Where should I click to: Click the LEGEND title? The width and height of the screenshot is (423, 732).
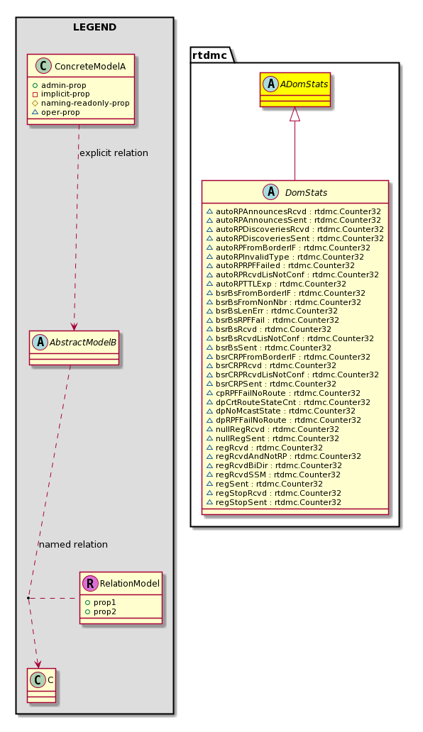(x=95, y=27)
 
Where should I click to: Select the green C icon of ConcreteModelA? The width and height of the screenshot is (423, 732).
(x=43, y=66)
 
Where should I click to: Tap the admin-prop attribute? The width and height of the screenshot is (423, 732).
(x=59, y=85)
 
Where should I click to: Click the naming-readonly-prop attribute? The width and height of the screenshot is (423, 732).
(x=81, y=103)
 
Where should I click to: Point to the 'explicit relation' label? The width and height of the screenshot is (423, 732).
(x=114, y=153)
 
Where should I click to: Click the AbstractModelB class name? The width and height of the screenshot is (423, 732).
(x=83, y=342)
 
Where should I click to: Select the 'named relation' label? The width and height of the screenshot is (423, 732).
(x=73, y=544)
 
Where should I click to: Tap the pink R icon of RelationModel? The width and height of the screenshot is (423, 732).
(x=90, y=584)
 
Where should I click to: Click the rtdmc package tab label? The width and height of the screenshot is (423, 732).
(x=209, y=55)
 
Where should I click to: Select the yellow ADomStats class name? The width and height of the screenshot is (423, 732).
(x=305, y=84)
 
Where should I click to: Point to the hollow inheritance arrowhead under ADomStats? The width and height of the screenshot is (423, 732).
(x=295, y=114)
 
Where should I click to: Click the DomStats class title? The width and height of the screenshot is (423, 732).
(x=307, y=192)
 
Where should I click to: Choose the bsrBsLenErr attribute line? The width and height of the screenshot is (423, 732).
(x=272, y=311)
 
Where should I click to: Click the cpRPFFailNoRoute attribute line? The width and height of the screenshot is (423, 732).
(x=283, y=393)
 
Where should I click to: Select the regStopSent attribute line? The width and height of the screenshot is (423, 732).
(x=273, y=502)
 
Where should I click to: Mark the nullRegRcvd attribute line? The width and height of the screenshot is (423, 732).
(x=273, y=430)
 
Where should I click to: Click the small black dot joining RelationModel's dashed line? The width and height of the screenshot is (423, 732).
(x=28, y=597)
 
